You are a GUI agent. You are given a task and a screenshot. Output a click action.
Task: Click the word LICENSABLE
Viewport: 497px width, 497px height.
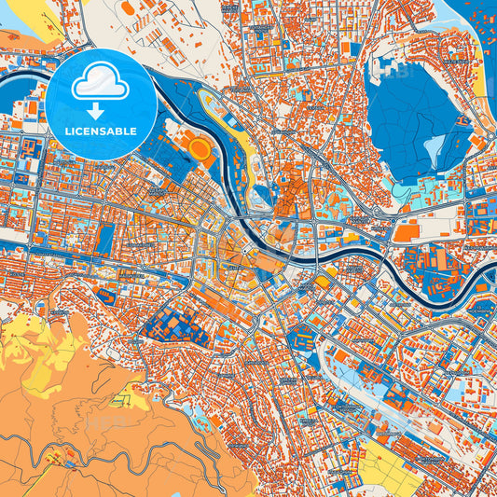tap(101, 131)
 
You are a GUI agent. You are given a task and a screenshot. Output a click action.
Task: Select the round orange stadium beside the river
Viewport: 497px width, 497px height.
tap(200, 146)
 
